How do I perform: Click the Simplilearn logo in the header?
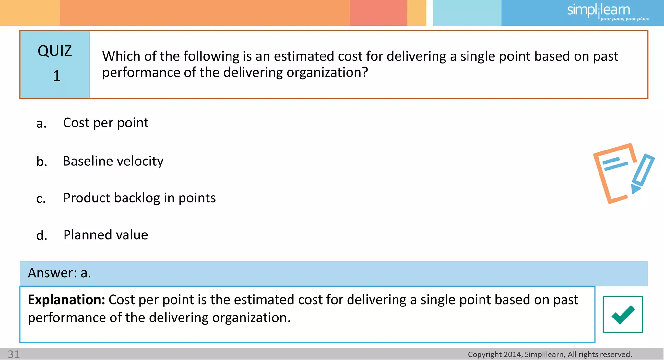(599, 10)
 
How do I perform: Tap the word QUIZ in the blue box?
(54, 51)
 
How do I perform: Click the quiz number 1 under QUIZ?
(57, 76)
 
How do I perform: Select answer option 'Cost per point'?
(106, 123)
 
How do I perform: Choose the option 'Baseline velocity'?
(113, 161)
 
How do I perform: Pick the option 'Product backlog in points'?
(139, 198)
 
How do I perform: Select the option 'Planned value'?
(106, 235)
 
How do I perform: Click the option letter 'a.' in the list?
(41, 124)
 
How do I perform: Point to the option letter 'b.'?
(41, 162)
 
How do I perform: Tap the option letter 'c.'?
(41, 198)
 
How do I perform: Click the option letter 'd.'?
(41, 235)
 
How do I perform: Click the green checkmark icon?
(622, 314)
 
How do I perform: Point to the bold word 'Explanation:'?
(66, 300)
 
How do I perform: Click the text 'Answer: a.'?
(59, 273)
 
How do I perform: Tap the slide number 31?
(14, 354)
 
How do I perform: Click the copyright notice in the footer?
(550, 354)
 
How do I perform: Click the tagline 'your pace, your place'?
(625, 19)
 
